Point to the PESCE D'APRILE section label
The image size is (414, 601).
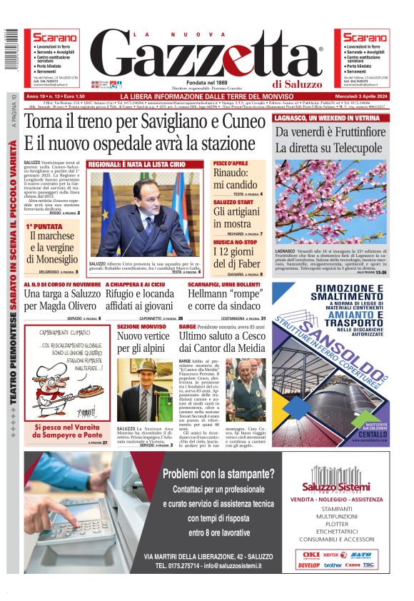click(231, 163)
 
